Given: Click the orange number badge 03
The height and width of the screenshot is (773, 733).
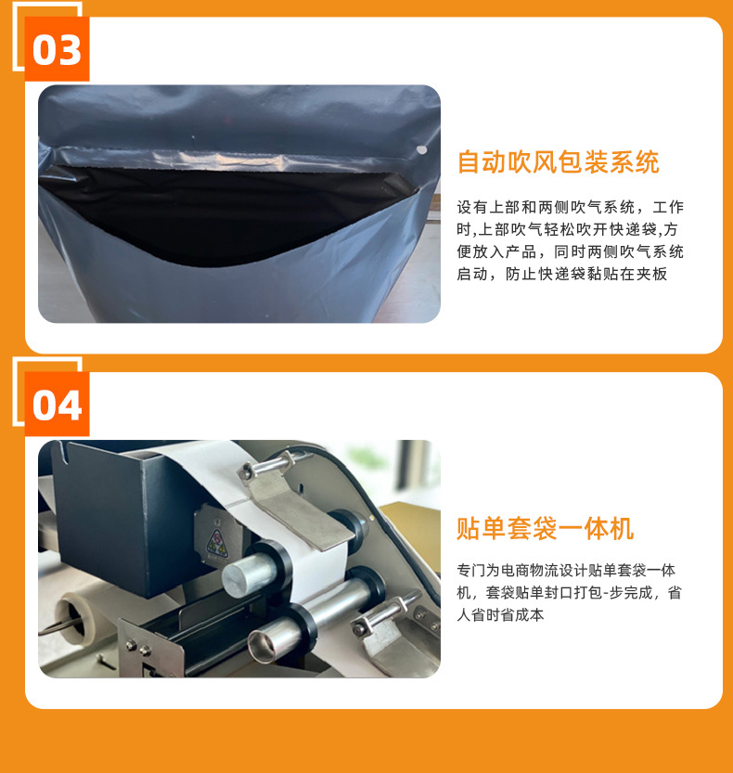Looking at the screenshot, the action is pos(57,49).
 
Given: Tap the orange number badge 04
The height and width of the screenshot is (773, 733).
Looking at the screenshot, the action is pos(57,404).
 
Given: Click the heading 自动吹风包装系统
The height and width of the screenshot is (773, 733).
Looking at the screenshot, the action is pos(558,162).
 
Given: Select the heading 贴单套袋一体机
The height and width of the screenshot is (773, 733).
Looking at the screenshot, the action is pos(546,529).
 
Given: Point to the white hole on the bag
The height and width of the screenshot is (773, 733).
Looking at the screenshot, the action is pos(421,148).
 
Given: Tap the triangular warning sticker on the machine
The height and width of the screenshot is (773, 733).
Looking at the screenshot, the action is pos(216,543).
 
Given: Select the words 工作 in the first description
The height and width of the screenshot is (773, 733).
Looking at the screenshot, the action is pos(668,207).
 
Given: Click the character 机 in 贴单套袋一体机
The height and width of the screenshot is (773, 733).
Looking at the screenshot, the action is pos(621,529).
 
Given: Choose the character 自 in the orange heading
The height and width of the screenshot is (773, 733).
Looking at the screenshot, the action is pos(469,162).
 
